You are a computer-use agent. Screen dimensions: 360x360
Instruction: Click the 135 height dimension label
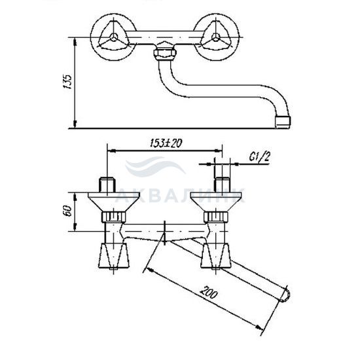click(67, 82)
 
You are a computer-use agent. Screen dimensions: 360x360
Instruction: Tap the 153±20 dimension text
click(166, 143)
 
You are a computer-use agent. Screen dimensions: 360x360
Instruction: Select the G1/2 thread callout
click(259, 157)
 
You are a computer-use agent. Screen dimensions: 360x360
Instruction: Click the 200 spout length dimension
click(209, 292)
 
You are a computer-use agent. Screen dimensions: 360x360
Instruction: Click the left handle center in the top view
click(114, 37)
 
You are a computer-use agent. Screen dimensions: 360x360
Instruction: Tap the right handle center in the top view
click(215, 37)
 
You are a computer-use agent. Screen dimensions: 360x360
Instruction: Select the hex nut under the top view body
click(164, 53)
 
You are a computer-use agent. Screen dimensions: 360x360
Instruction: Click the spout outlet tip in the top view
click(283, 122)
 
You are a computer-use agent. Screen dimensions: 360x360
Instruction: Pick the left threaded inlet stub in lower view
click(107, 185)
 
